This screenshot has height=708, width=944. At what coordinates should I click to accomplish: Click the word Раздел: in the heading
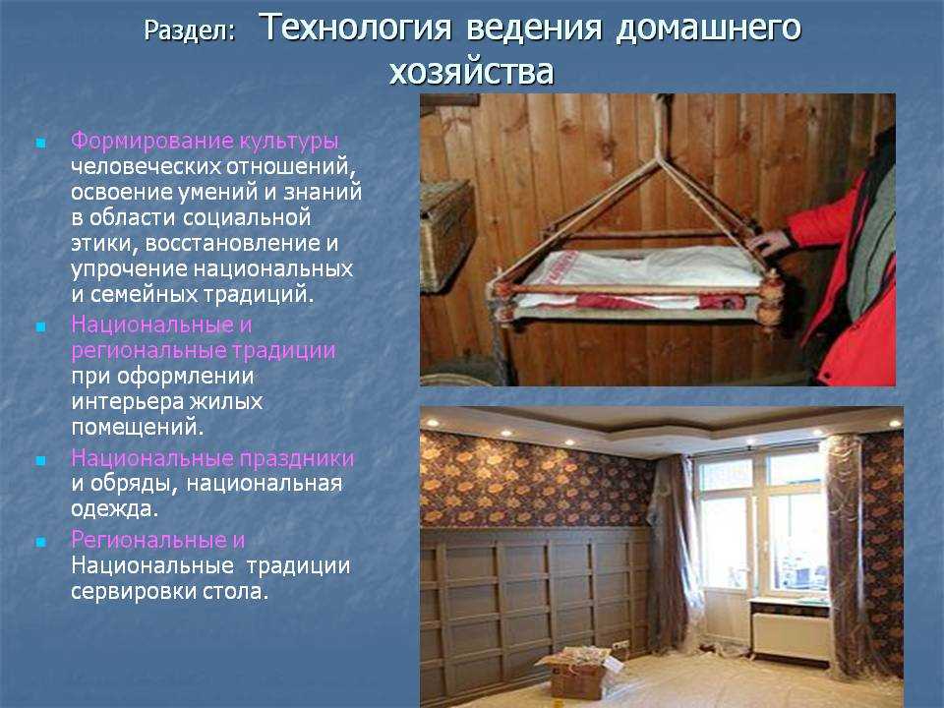[x=189, y=31]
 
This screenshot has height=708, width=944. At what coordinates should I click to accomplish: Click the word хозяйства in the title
[x=471, y=72]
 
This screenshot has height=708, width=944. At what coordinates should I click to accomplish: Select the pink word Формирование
[x=152, y=141]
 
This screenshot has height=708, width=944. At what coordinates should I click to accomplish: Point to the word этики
[x=105, y=244]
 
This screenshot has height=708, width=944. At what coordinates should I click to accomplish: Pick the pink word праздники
[x=297, y=459]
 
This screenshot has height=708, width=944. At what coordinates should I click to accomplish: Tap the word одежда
[x=114, y=508]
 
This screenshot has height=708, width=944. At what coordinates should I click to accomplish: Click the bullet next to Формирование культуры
[x=41, y=144]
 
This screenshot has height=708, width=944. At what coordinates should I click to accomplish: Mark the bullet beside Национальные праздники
[x=41, y=461]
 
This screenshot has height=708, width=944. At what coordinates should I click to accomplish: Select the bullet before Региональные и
[x=41, y=543]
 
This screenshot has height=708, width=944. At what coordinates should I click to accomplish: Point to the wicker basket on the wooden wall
[x=446, y=236]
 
